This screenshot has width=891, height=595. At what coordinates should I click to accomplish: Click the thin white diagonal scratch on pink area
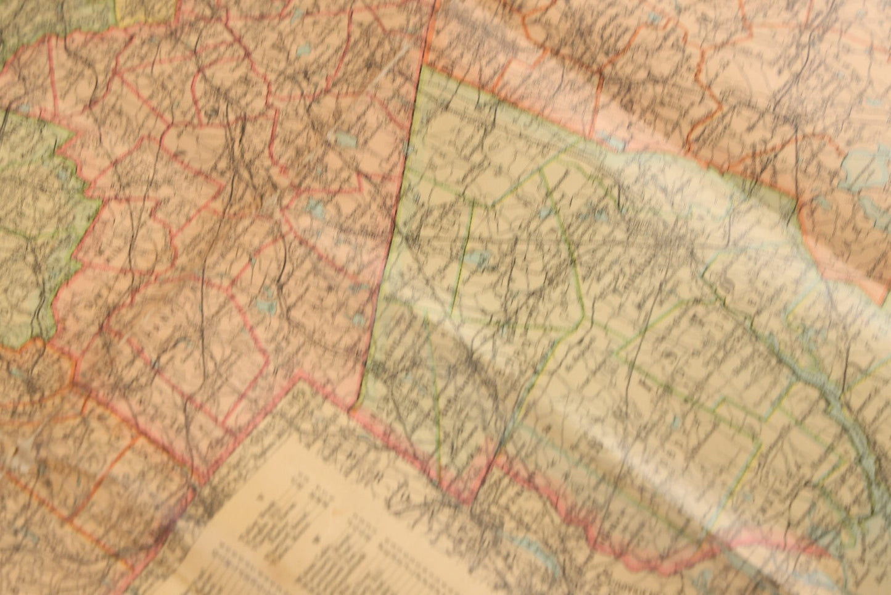[395, 68]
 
